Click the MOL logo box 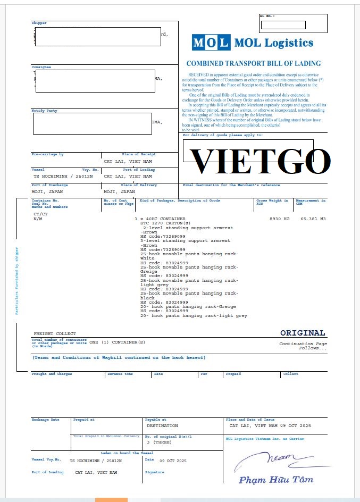click(x=211, y=43)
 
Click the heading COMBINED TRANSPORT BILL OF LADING click(x=254, y=63)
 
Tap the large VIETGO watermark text click(x=260, y=161)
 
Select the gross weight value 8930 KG click(x=279, y=219)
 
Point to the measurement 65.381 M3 click(x=313, y=219)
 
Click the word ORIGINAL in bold click(x=303, y=333)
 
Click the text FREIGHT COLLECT click(x=55, y=333)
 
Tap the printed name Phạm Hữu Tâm click(x=275, y=480)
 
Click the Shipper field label click(x=39, y=23)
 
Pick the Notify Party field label click(x=44, y=111)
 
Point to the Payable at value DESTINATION click(x=162, y=426)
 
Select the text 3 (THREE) click(x=158, y=442)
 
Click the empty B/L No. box click(x=283, y=25)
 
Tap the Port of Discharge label click(x=46, y=185)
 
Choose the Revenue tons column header click(x=120, y=374)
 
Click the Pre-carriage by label click(x=47, y=154)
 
